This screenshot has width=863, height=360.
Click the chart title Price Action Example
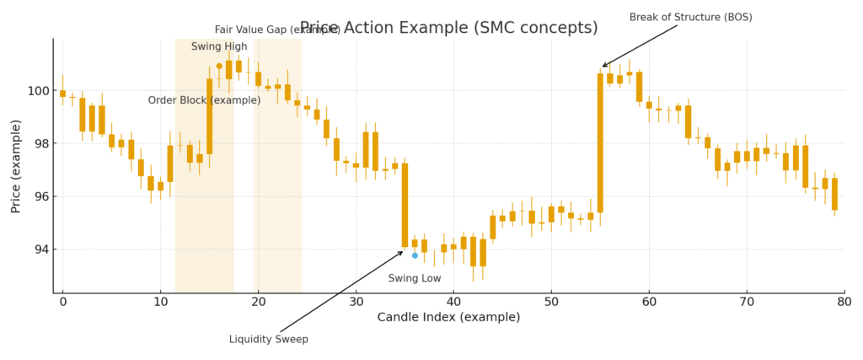tap(448, 28)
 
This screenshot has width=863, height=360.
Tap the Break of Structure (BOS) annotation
tap(690, 17)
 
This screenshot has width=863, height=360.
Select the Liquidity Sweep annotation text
tap(269, 339)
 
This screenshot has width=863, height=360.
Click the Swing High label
tap(219, 46)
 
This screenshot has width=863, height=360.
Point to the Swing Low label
tap(414, 278)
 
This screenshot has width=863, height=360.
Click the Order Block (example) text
tap(204, 100)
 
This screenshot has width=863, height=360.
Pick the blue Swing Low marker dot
tap(415, 255)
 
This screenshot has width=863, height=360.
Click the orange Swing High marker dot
tap(219, 66)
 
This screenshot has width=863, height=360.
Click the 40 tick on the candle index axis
tap(453, 301)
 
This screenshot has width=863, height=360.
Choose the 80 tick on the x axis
tap(844, 301)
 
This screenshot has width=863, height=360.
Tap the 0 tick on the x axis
tap(62, 301)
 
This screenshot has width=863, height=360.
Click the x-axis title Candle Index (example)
tap(448, 317)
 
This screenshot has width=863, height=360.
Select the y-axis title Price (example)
tap(16, 166)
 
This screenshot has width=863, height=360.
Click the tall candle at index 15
tap(209, 116)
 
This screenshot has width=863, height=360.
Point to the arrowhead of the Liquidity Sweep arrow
tap(403, 251)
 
